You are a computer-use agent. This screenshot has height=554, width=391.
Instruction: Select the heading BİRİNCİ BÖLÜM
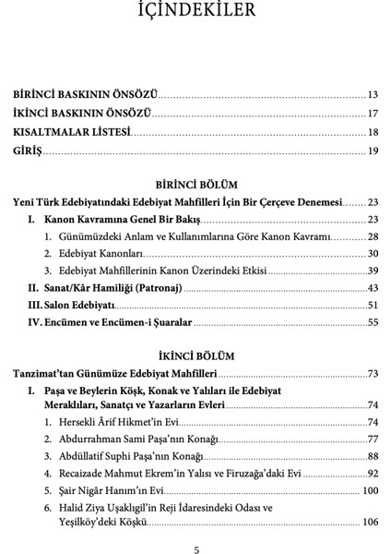(195, 183)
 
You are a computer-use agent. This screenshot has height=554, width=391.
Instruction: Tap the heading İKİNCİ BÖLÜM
(195, 355)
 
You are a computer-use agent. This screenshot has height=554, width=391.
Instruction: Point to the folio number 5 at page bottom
(195, 550)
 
